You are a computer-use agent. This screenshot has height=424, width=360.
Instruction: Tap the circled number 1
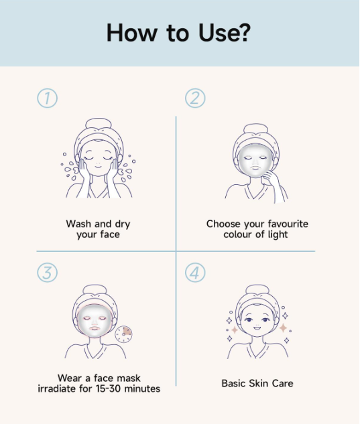click(46, 98)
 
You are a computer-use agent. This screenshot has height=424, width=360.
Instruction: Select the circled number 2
click(194, 98)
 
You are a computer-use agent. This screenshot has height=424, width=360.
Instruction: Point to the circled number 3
click(46, 273)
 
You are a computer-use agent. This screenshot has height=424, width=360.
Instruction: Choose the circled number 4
click(194, 273)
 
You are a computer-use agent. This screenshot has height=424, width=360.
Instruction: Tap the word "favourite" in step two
click(282, 224)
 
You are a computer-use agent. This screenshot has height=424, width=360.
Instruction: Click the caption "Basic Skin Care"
click(257, 384)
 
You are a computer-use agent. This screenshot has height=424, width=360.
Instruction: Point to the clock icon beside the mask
click(123, 333)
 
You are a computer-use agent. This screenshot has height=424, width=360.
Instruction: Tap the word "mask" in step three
click(127, 378)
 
